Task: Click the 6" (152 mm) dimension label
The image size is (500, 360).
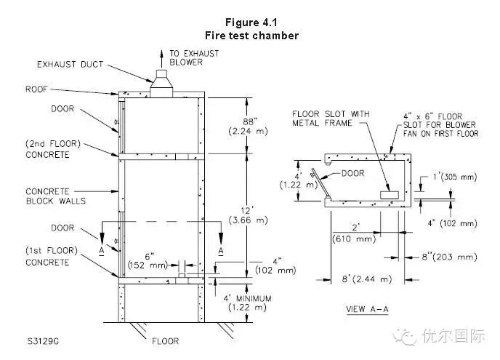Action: click(x=148, y=259)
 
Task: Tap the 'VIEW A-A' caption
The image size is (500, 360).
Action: click(x=368, y=309)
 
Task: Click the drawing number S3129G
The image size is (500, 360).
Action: click(x=45, y=340)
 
